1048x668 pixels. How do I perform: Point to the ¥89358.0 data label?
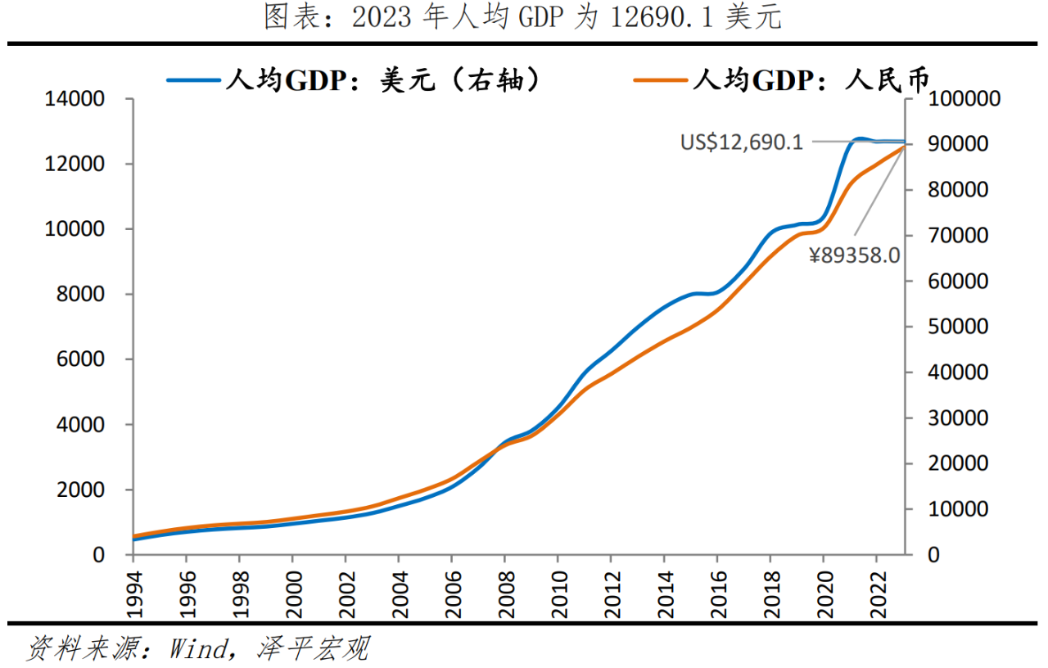pyautogui.click(x=854, y=255)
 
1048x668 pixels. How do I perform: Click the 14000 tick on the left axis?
pyautogui.click(x=75, y=100)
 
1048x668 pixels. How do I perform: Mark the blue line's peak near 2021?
pyautogui.click(x=860, y=139)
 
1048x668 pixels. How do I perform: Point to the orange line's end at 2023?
pyautogui.click(x=904, y=147)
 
